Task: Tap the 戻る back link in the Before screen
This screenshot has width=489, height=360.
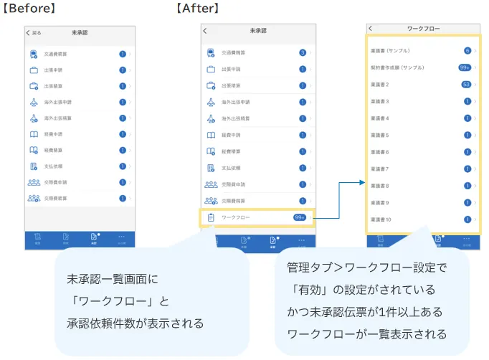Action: tap(34, 33)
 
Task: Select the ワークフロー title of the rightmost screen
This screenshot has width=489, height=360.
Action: tap(423, 29)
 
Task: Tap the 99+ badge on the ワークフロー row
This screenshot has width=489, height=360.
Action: tap(300, 217)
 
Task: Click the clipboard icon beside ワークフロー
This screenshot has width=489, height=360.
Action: tap(211, 217)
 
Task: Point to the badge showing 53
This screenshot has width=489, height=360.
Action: tap(466, 84)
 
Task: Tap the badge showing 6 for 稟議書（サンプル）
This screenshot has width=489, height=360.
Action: tap(467, 50)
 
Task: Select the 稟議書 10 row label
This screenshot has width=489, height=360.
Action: tap(381, 219)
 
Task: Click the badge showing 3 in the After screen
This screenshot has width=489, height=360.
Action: tap(303, 52)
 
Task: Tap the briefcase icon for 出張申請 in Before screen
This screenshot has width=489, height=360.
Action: tap(34, 70)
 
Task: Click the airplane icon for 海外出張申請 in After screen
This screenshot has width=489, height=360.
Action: tap(211, 102)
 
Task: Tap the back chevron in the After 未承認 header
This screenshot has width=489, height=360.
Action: tap(205, 32)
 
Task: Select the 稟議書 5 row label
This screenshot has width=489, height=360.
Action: tap(380, 135)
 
